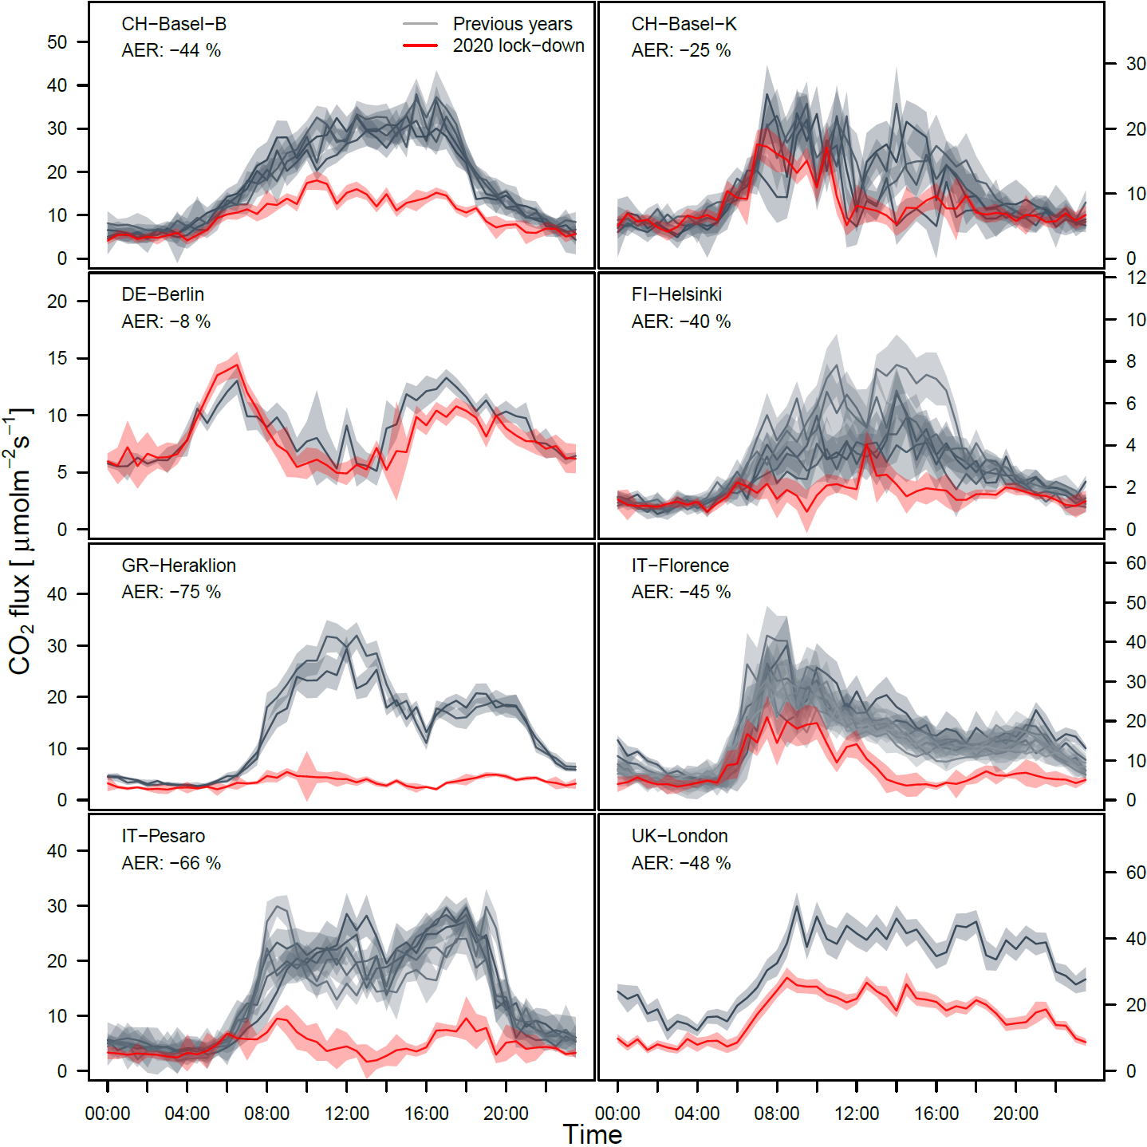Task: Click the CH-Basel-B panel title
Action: (x=174, y=24)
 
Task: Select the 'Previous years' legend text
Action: (x=512, y=24)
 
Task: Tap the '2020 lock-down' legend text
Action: (x=518, y=45)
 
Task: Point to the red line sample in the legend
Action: (x=420, y=45)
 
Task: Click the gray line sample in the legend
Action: (x=420, y=24)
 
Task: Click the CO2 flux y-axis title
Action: (x=21, y=542)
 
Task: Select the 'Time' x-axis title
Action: (x=592, y=1134)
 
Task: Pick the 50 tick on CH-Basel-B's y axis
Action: (x=57, y=41)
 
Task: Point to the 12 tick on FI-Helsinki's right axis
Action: (x=1136, y=278)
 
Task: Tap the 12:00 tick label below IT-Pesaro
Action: (x=346, y=1113)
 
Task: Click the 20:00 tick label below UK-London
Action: (x=1015, y=1113)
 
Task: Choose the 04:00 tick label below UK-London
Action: (x=696, y=1113)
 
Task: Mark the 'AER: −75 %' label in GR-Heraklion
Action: (x=171, y=592)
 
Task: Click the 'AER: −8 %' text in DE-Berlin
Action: (x=166, y=321)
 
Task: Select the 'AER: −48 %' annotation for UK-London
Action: (x=680, y=863)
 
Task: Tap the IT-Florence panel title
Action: (x=680, y=566)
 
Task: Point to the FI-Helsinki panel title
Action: (x=676, y=294)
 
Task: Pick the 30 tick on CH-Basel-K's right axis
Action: (x=1136, y=64)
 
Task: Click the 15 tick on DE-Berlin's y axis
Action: (x=57, y=358)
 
